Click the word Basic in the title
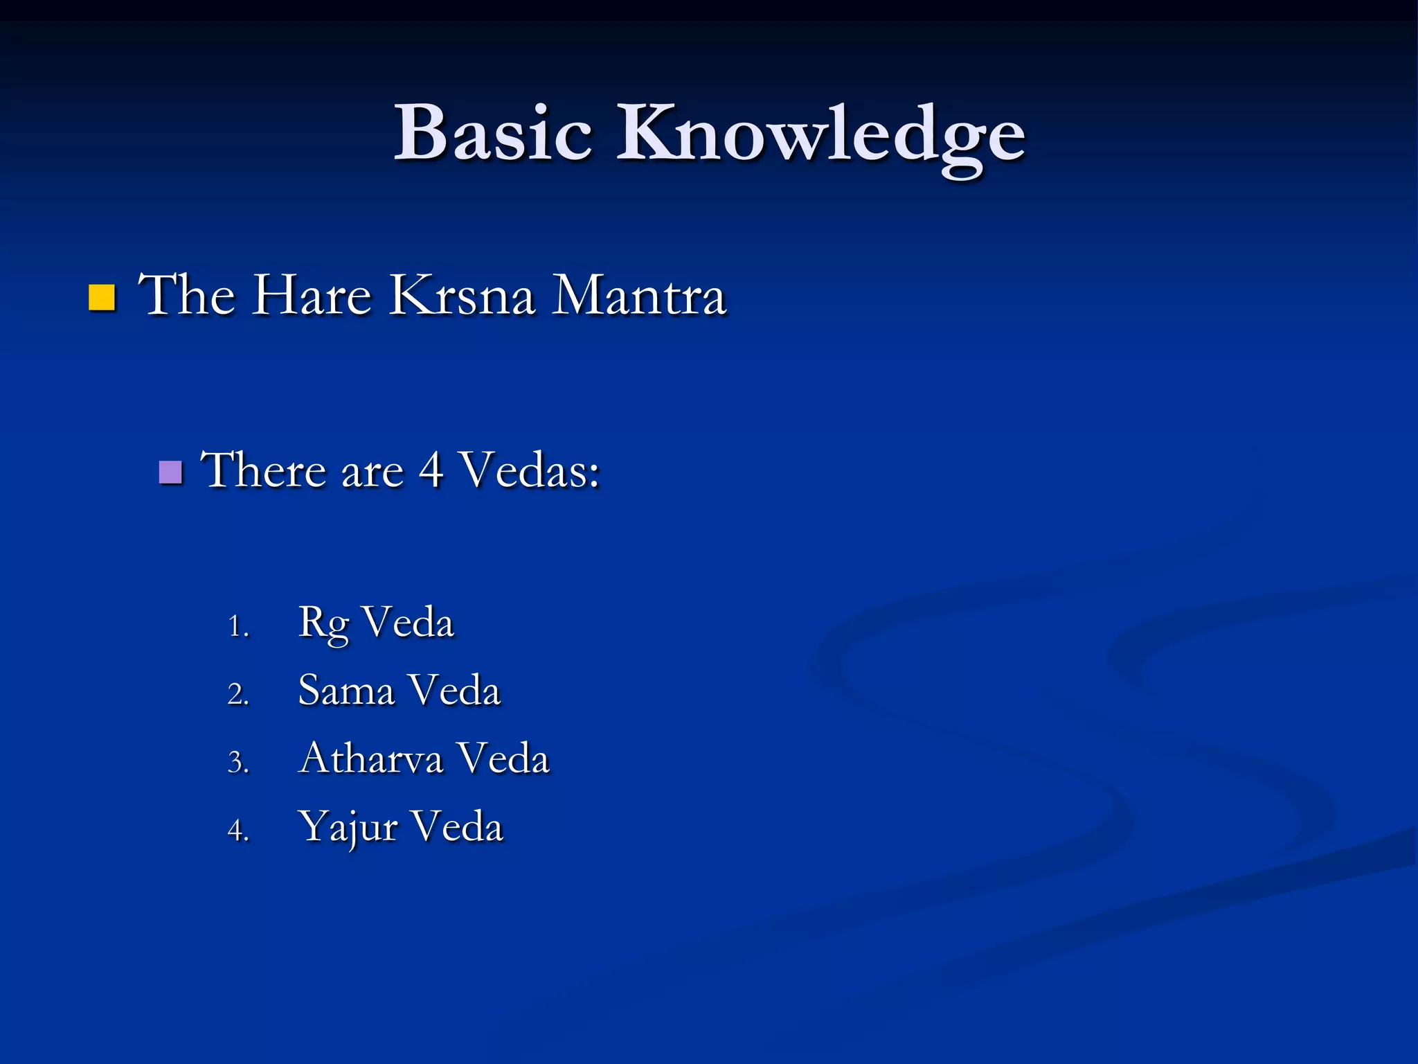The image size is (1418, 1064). coord(493,133)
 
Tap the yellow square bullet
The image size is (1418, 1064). coord(102,297)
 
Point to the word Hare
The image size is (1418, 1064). coord(311,296)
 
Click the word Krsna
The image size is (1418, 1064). coord(462,296)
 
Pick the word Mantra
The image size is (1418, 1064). coord(638,296)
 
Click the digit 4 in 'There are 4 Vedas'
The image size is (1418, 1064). coord(431,470)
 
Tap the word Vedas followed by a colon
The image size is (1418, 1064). coord(530,470)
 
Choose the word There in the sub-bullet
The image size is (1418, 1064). coord(264,470)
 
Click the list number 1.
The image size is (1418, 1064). coord(237,626)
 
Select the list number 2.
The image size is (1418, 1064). coord(237,694)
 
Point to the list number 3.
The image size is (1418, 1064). coord(237,762)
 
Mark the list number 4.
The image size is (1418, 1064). coord(237,830)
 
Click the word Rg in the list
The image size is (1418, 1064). coord(323,623)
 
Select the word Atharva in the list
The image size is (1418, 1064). coord(370,758)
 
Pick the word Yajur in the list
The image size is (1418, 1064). coord(348,827)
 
